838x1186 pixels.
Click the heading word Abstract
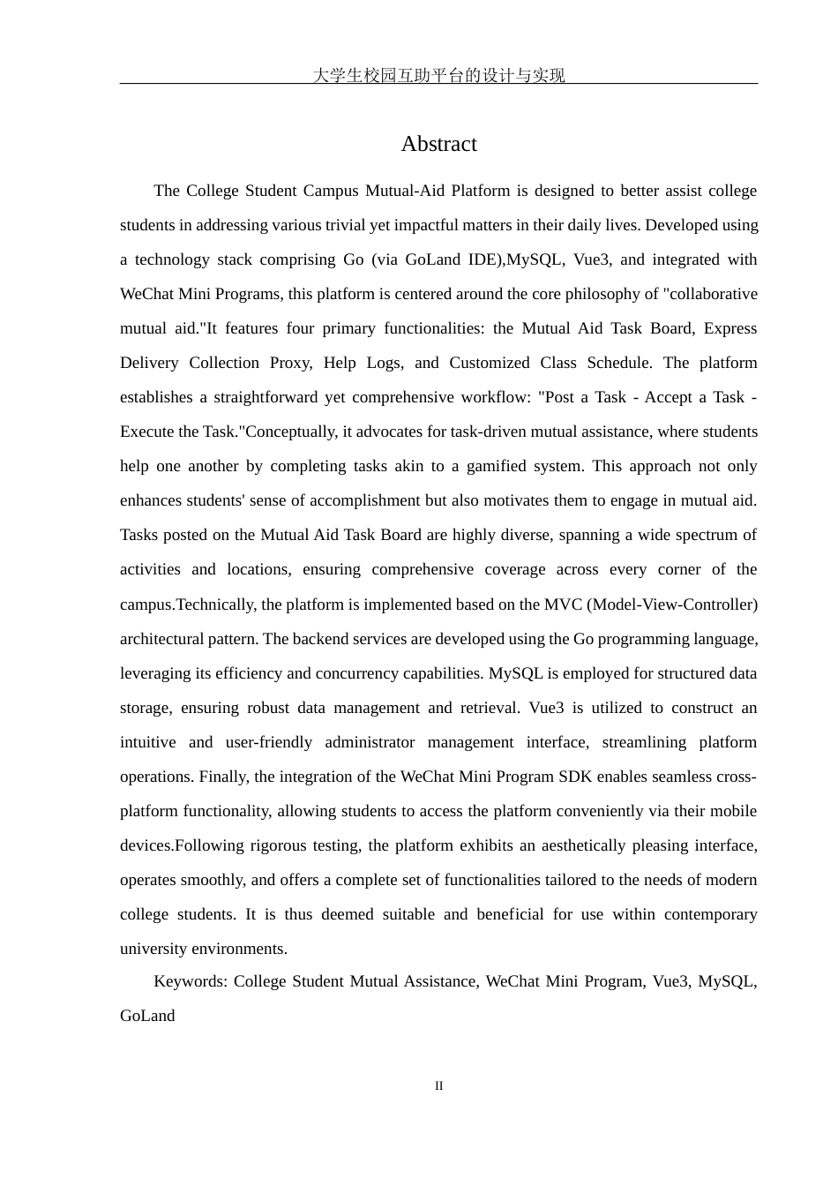[438, 144]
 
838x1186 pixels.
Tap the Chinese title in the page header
[438, 76]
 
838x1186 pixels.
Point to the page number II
[438, 1086]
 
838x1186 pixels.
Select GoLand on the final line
[147, 1016]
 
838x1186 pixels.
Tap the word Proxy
[290, 363]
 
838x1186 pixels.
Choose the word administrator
[370, 742]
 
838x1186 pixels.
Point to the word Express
[730, 328]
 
